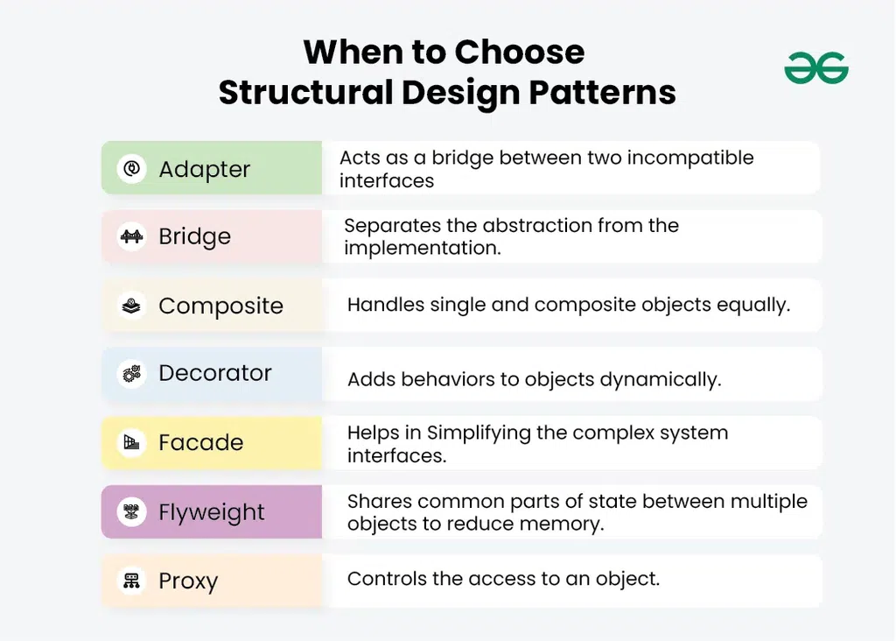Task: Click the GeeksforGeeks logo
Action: (816, 68)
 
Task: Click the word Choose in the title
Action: (520, 52)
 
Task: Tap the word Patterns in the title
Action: (602, 92)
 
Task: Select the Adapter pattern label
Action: (205, 169)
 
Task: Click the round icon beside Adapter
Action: (132, 169)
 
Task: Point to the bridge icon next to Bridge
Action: (132, 236)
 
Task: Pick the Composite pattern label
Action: (220, 306)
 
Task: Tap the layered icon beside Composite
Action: (132, 306)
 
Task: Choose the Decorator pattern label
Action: (215, 373)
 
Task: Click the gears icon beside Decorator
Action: (132, 374)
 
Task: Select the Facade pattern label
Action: (201, 442)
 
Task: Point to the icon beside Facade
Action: (132, 442)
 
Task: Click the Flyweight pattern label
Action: (212, 512)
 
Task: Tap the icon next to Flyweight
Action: (132, 511)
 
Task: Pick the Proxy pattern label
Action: (188, 581)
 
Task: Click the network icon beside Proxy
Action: (132, 581)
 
